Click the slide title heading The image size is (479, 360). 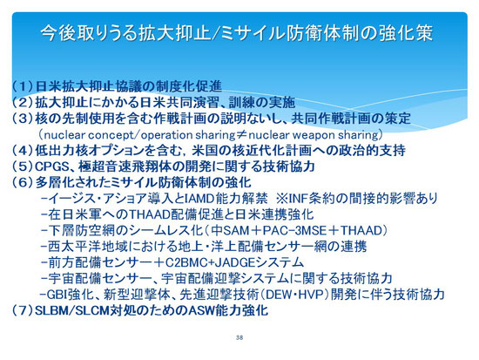pyautogui.click(x=237, y=33)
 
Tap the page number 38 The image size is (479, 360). pyautogui.click(x=239, y=337)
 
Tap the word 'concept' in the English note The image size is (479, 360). pyautogui.click(x=111, y=135)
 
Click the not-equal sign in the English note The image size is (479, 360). pyautogui.click(x=241, y=134)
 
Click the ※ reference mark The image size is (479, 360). pyautogui.click(x=281, y=199)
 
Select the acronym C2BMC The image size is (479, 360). pyautogui.click(x=187, y=262)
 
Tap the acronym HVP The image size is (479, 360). pyautogui.click(x=311, y=295)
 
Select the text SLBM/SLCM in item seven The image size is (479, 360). pyautogui.click(x=72, y=311)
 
